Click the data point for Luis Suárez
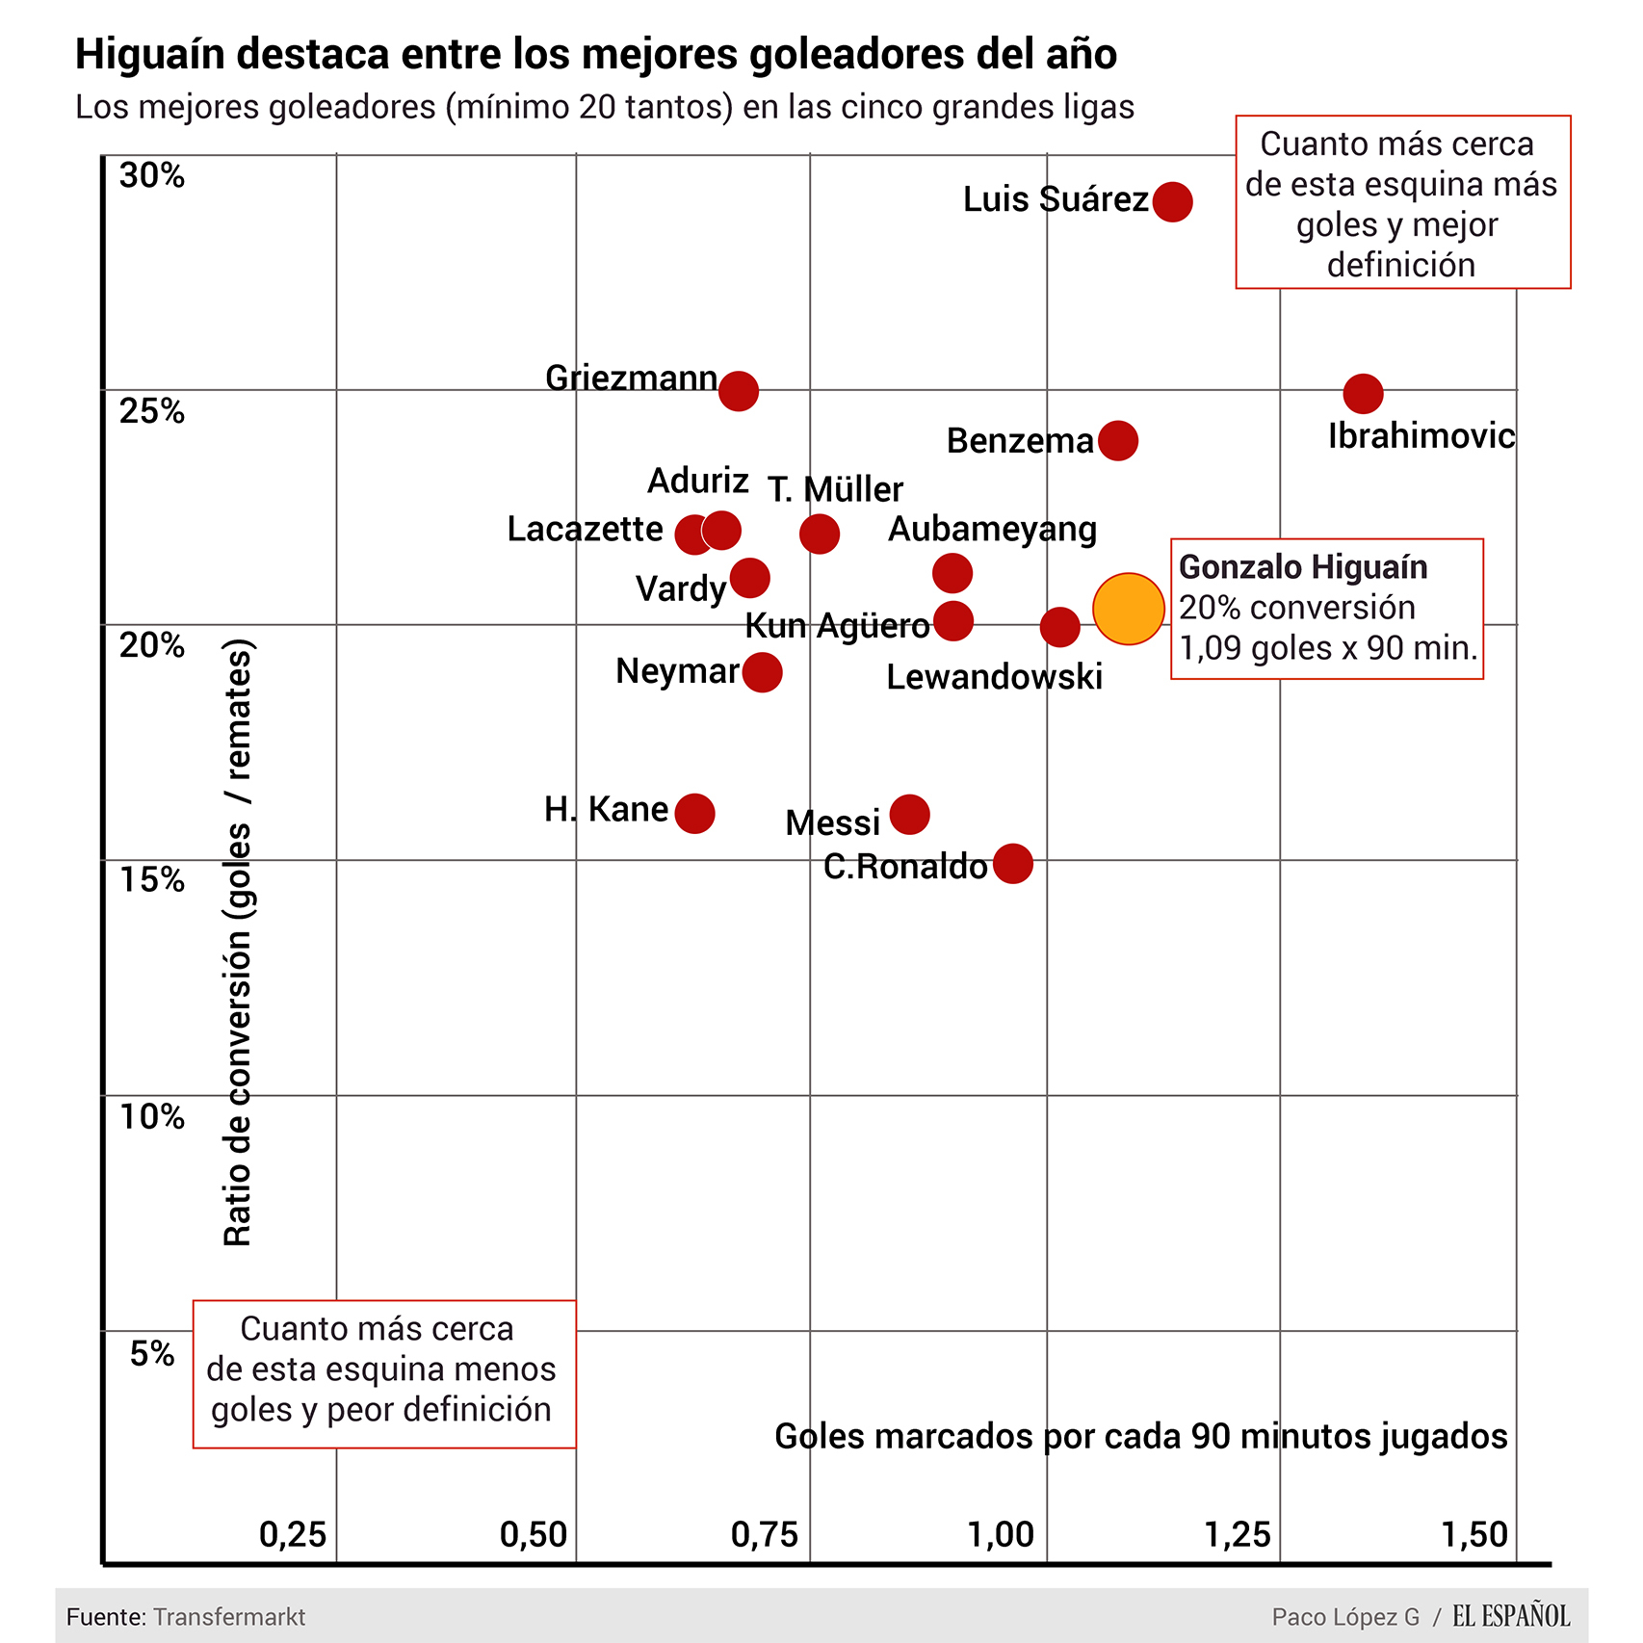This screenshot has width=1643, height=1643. pos(1172,201)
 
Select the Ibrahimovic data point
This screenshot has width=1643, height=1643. pos(1363,393)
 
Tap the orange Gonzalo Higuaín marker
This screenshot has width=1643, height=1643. pos(1129,609)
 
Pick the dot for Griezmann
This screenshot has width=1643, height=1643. pos(739,391)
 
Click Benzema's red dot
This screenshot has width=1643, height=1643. pos(1117,440)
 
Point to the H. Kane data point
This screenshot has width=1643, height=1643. pos(694,814)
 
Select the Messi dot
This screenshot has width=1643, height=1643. pos(909,815)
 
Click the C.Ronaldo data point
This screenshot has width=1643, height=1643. pos(1013,864)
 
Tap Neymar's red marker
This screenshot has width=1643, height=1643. pos(762,671)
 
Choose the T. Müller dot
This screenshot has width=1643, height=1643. pos(819,534)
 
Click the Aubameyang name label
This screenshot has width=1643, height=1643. pos(992,530)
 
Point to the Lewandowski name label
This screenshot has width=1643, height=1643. pos(994,677)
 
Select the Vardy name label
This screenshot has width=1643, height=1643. pos(681,588)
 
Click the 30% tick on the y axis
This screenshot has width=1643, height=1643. pos(152,175)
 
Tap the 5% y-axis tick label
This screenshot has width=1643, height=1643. pos(152,1354)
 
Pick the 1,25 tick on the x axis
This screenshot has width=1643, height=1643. pos(1238,1534)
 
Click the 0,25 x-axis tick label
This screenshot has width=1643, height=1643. pos(293,1534)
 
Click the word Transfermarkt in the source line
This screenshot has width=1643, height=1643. pos(229,1617)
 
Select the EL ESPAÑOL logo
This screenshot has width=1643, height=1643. pos(1511,1616)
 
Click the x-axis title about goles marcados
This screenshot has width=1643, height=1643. pos(1140,1436)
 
